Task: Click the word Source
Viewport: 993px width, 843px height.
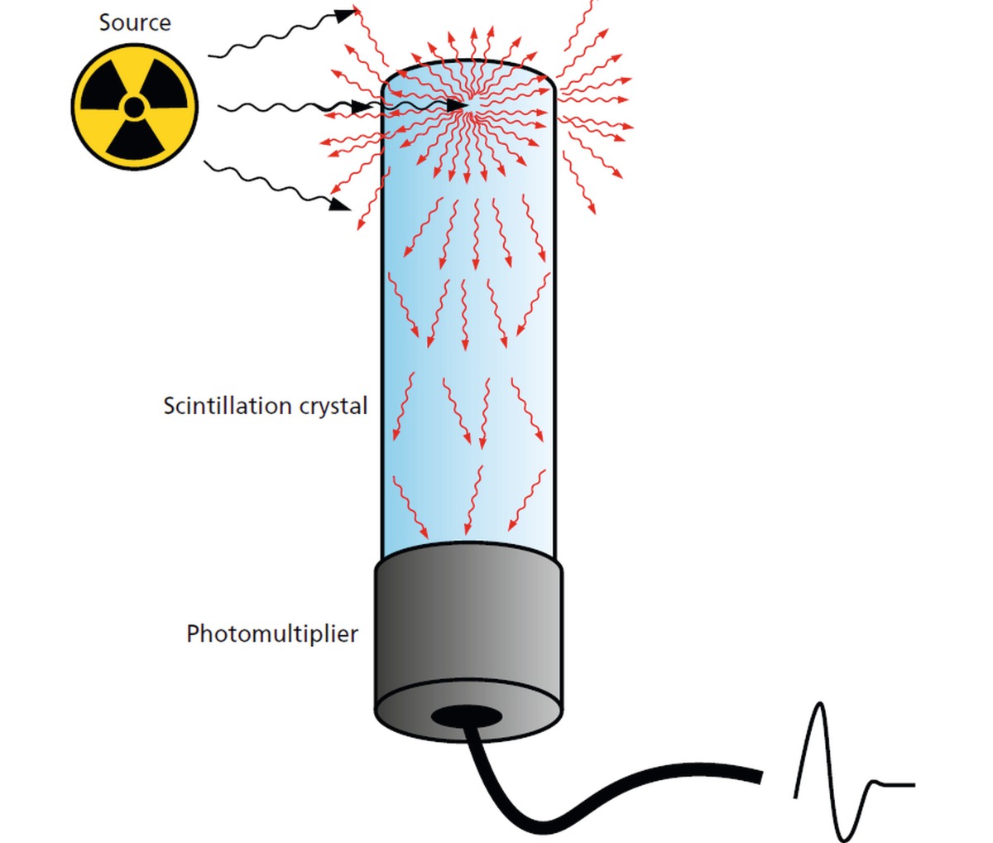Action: coord(135,22)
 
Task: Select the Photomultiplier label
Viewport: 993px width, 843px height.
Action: coord(272,634)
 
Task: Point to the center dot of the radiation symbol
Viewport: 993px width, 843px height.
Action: coord(134,107)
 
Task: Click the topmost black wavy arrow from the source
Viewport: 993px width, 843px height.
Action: coord(273,37)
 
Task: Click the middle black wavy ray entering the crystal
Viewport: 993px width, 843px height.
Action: coord(290,107)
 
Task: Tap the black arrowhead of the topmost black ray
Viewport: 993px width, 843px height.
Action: coord(346,14)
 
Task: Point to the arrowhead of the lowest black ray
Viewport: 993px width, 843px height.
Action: coord(339,203)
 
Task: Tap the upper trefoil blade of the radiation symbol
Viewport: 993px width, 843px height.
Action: coord(134,73)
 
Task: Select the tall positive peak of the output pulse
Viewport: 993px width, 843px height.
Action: coord(819,708)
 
